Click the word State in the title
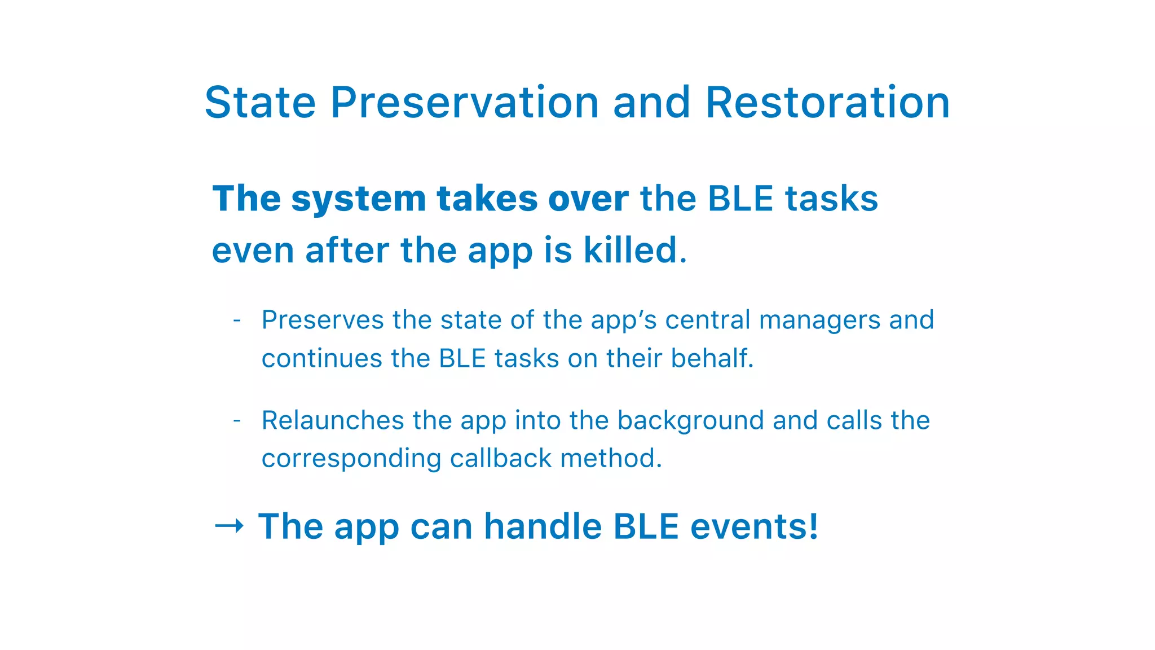[260, 103]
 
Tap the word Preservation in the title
[464, 103]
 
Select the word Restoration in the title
[827, 103]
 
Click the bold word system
[358, 199]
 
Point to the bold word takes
[487, 199]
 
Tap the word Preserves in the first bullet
[323, 320]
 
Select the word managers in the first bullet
[819, 320]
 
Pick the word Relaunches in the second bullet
[333, 421]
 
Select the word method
[611, 458]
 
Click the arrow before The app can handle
[229, 526]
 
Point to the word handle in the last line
[543, 526]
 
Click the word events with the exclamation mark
[753, 526]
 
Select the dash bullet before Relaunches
[237, 421]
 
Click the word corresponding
[351, 458]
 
